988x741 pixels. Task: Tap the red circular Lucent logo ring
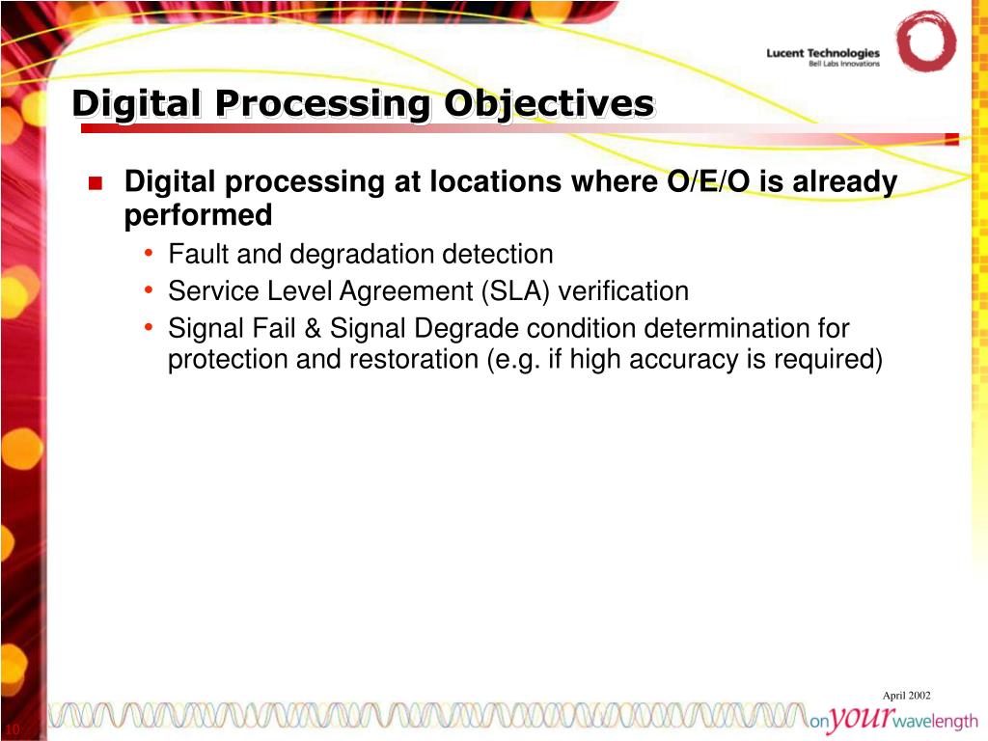[x=925, y=41]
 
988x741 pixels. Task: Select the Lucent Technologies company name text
[x=823, y=52]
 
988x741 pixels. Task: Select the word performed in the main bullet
[x=198, y=215]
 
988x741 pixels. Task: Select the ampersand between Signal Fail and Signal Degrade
[x=313, y=329]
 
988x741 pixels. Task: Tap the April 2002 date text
[x=906, y=696]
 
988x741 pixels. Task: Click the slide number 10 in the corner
[x=13, y=728]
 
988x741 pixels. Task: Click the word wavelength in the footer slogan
[x=937, y=722]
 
